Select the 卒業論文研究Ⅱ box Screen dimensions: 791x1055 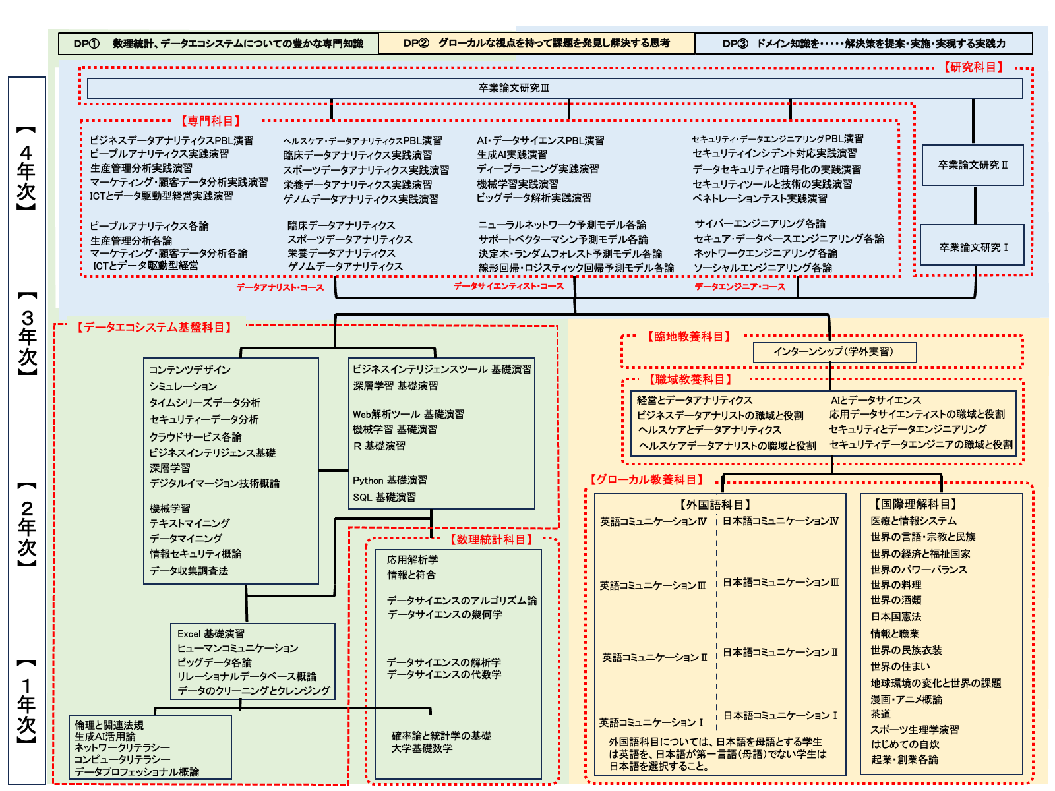pyautogui.click(x=973, y=165)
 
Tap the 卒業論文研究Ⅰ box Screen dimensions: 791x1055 pyautogui.click(x=973, y=247)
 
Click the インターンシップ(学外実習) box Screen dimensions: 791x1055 pyautogui.click(x=834, y=352)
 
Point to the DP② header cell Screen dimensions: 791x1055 pyautogui.click(x=536, y=44)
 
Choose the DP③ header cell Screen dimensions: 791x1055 pyautogui.click(x=864, y=44)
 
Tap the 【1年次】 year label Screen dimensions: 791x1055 pyautogui.click(x=26, y=702)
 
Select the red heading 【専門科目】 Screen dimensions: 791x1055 pyautogui.click(x=210, y=121)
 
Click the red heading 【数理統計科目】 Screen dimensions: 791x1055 pyautogui.click(x=491, y=539)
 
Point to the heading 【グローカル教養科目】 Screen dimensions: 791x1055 pyautogui.click(x=646, y=479)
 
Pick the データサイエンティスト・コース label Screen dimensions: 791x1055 pyautogui.click(x=508, y=286)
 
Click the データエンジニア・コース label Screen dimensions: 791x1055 pyautogui.click(x=740, y=287)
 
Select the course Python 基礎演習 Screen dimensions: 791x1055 pyautogui.click(x=390, y=480)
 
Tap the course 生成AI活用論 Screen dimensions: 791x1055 pyautogui.click(x=105, y=736)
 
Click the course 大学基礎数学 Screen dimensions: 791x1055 pyautogui.click(x=422, y=748)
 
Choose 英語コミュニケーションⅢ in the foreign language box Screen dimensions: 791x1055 pyautogui.click(x=652, y=585)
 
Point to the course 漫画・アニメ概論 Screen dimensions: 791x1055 pyautogui.click(x=906, y=699)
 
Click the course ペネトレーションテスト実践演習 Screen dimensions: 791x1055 pyautogui.click(x=760, y=198)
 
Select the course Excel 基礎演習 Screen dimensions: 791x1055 pyautogui.click(x=211, y=633)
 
